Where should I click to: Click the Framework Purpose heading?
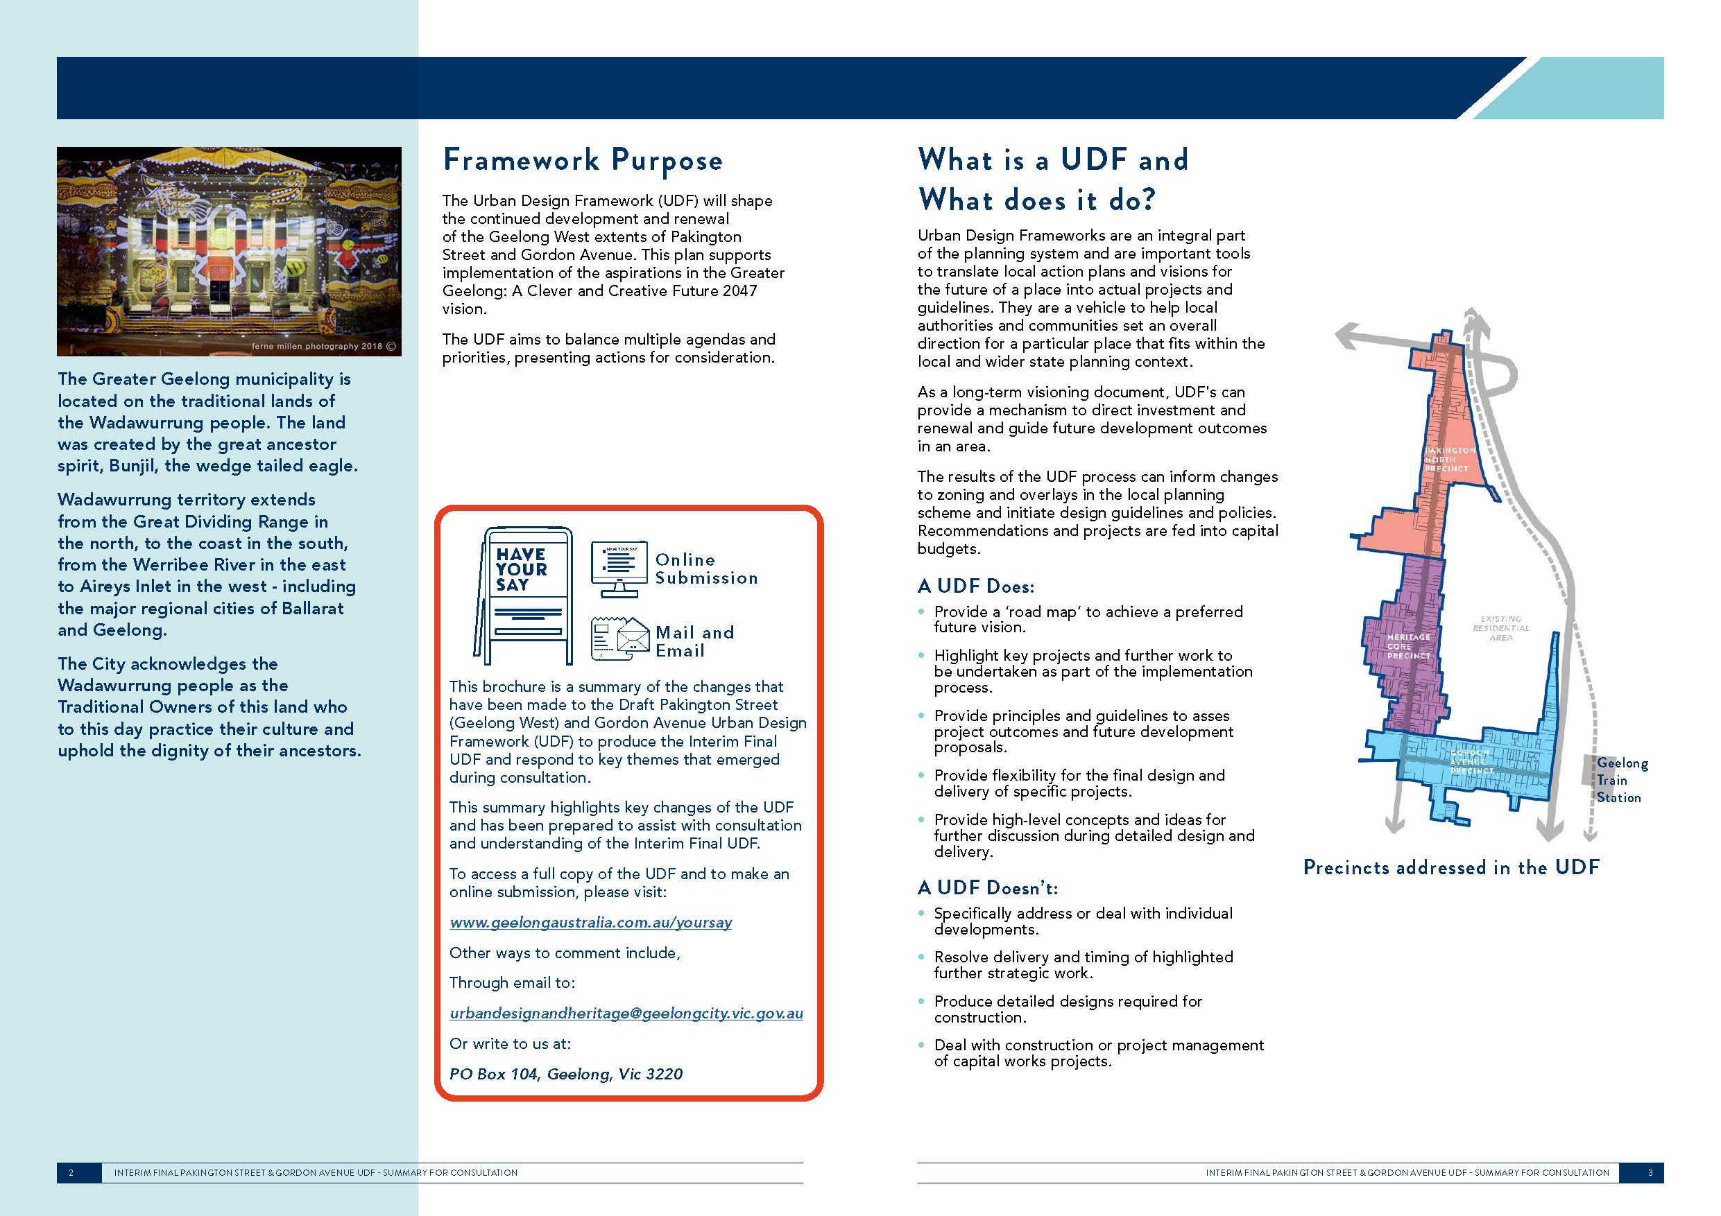point(583,160)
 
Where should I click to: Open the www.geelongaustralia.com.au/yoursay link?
point(590,922)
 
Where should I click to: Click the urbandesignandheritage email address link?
point(626,1013)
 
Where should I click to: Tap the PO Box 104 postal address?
point(565,1074)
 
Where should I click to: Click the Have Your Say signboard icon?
point(524,595)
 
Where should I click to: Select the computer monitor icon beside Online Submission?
point(618,568)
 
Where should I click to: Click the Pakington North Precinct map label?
point(1449,459)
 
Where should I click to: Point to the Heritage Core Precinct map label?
point(1407,646)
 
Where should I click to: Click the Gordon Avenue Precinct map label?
point(1471,761)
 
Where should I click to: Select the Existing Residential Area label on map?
point(1500,628)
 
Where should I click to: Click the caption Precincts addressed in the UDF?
point(1450,867)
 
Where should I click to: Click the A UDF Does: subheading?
point(975,586)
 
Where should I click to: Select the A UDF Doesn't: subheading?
point(986,888)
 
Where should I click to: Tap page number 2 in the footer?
point(71,1172)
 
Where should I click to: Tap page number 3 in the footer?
point(1650,1172)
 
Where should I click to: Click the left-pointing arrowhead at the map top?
point(1347,335)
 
